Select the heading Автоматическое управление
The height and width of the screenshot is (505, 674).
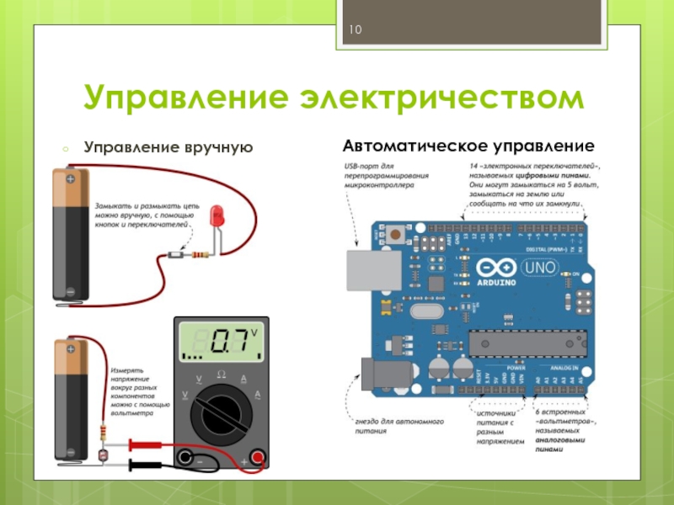point(468,146)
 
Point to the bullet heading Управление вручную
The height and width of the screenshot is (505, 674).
point(168,146)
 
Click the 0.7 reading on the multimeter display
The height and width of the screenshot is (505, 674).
point(228,342)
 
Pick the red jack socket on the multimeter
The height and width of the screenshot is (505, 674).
point(258,458)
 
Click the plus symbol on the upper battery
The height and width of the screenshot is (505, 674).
point(71,178)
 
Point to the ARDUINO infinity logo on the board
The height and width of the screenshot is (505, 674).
point(493,268)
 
